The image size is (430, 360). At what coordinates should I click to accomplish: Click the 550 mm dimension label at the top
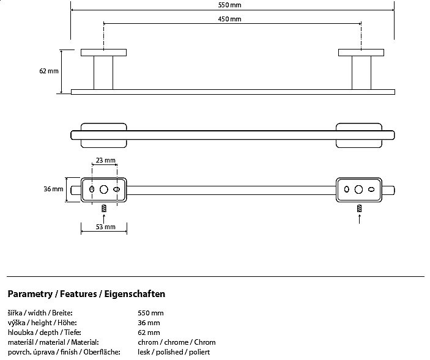click(x=229, y=5)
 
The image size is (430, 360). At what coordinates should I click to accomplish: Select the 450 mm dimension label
click(x=229, y=19)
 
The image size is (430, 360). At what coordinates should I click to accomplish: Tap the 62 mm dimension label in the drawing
click(x=49, y=71)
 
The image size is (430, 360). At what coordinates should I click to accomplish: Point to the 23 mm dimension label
click(x=106, y=160)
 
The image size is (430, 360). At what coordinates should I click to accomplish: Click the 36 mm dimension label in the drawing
click(x=53, y=189)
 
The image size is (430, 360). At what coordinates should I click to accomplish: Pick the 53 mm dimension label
click(x=106, y=227)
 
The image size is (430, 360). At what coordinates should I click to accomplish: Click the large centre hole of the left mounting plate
click(x=103, y=189)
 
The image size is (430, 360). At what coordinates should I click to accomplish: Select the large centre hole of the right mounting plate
click(x=358, y=189)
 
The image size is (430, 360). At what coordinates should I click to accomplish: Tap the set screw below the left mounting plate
click(x=104, y=208)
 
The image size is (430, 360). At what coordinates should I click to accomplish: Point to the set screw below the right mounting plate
click(x=359, y=208)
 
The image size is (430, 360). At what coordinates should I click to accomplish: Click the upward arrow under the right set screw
click(x=359, y=219)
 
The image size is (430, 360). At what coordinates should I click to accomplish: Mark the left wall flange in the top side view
click(x=103, y=53)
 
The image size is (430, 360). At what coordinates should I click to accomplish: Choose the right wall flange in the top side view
click(x=361, y=53)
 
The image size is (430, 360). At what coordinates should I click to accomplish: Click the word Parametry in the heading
click(x=30, y=294)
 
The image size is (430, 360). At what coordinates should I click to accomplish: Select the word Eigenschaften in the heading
click(x=135, y=294)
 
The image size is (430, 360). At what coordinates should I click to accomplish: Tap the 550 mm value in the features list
click(x=150, y=313)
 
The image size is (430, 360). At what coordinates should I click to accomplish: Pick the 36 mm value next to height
click(x=149, y=323)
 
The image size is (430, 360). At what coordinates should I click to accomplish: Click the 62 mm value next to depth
click(x=149, y=332)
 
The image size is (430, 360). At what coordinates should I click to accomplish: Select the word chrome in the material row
click(x=176, y=342)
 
